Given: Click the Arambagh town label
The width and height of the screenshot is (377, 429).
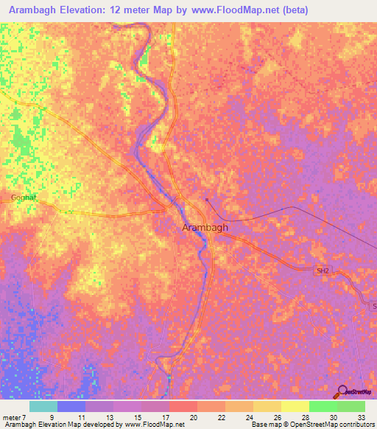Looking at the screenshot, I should [205, 228].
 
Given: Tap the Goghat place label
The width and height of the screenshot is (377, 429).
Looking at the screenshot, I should [24, 198].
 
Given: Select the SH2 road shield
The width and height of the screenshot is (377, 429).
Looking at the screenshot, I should [323, 271].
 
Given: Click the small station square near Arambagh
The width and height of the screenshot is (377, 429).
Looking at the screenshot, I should [208, 199].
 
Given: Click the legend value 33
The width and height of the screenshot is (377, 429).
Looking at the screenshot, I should [361, 417].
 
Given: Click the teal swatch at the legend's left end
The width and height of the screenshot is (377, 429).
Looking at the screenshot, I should [43, 406].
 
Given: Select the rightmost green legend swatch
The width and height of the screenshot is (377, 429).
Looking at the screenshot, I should [351, 406].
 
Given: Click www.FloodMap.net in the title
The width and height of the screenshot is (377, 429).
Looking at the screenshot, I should [227, 10].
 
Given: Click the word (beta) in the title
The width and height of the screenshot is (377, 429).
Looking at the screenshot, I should [292, 10].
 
